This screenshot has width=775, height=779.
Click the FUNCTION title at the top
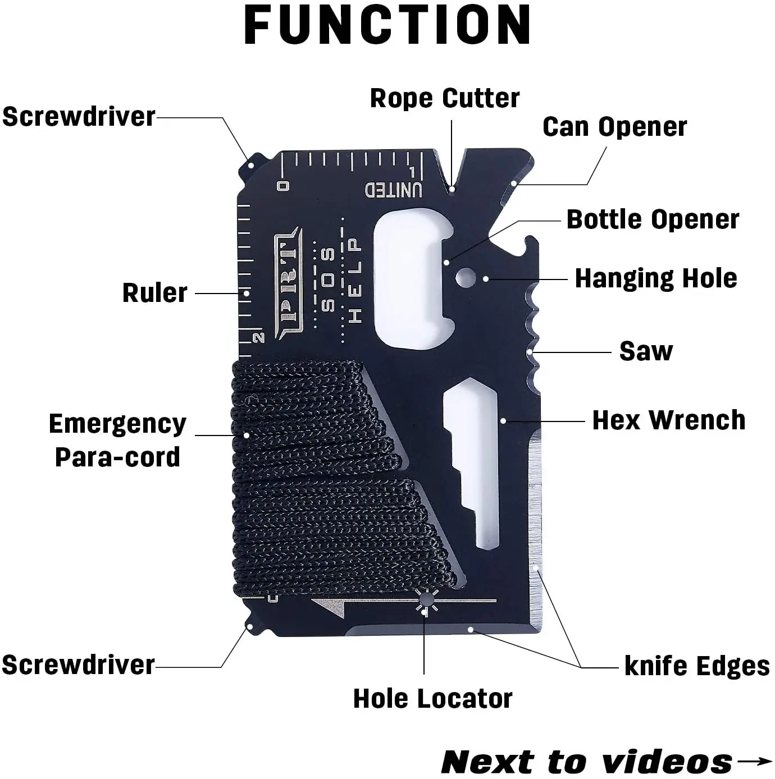(388, 25)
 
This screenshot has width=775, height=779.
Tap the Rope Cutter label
(444, 98)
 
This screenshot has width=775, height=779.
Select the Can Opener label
(614, 127)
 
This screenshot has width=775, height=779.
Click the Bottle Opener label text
(653, 219)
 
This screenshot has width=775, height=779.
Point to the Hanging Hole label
(656, 278)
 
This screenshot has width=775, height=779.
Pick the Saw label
(646, 351)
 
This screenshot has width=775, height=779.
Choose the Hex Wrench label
(669, 420)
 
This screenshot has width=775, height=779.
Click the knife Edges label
(697, 666)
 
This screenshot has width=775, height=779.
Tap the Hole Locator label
(432, 699)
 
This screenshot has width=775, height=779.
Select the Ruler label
(154, 293)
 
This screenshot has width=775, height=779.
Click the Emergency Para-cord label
(117, 440)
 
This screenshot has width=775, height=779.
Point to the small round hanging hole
(464, 276)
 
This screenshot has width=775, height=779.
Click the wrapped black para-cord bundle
(314, 477)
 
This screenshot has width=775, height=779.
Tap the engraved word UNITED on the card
(394, 190)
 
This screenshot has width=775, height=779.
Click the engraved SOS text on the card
(329, 279)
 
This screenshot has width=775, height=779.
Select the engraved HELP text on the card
(354, 280)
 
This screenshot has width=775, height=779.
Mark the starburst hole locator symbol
(426, 602)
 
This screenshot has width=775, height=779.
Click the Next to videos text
(587, 762)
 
